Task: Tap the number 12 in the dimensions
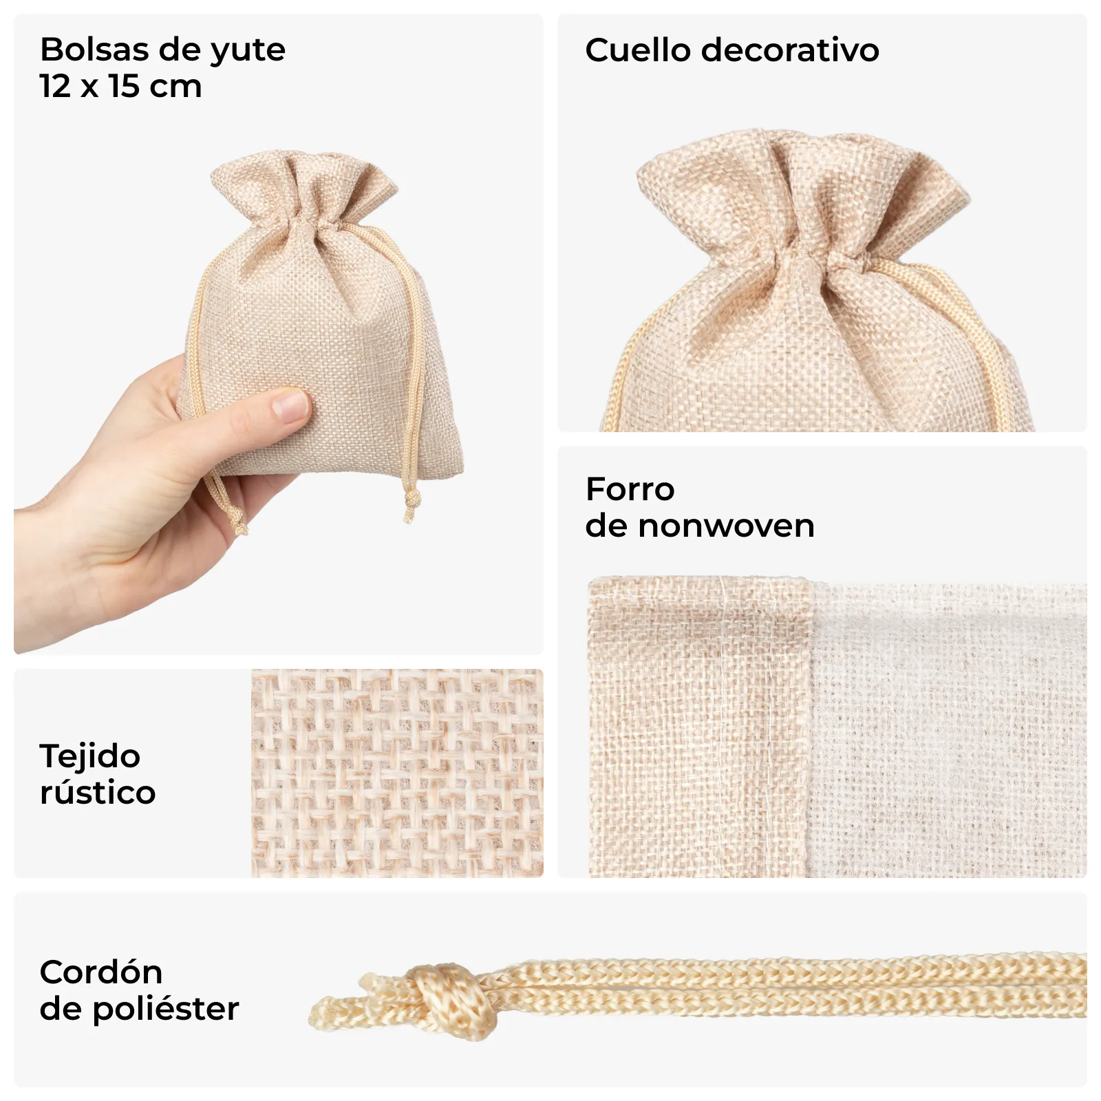click(x=55, y=86)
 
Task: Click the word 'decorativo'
click(x=791, y=50)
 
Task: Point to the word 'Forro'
click(x=630, y=489)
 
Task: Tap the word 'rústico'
click(x=98, y=793)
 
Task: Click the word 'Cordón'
click(x=101, y=972)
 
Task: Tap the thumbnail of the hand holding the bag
click(x=278, y=334)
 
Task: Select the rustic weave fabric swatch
click(x=397, y=773)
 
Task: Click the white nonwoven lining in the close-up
click(x=948, y=729)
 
